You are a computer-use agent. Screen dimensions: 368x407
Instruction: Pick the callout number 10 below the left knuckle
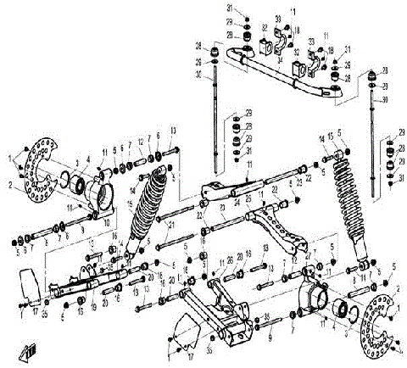(108, 223)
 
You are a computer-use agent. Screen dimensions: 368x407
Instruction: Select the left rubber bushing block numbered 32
(264, 42)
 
